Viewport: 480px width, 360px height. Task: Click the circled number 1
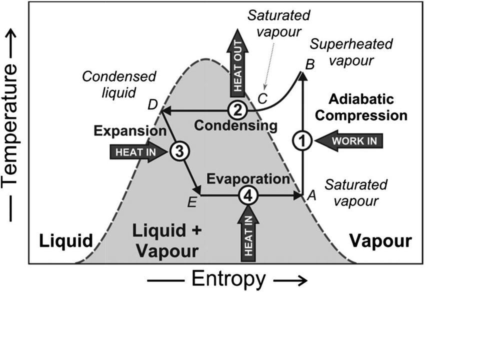[x=302, y=140]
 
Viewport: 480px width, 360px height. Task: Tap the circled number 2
[x=237, y=109]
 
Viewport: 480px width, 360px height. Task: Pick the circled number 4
[x=247, y=195]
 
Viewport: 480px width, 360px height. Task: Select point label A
[x=311, y=196]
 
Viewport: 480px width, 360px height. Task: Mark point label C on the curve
[x=262, y=97]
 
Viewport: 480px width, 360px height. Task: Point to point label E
[x=191, y=202]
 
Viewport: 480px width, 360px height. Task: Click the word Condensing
[x=235, y=125]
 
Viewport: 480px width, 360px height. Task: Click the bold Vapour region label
[x=380, y=241]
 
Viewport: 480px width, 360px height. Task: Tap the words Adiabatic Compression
[x=362, y=107]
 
